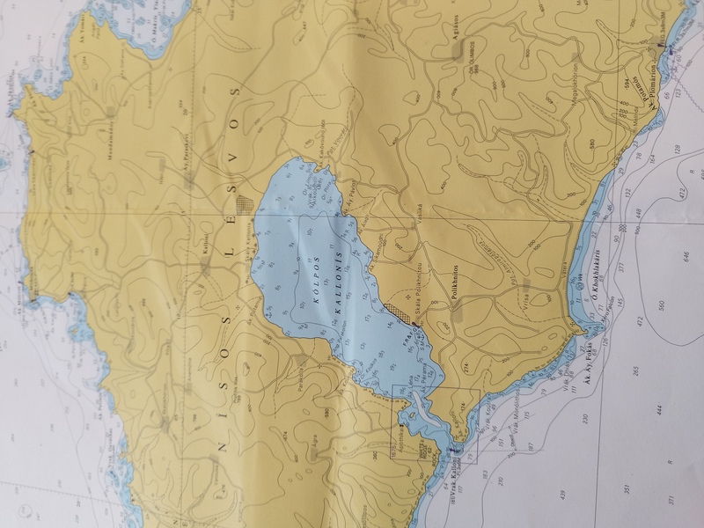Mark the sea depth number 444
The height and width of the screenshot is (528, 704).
click(x=658, y=410)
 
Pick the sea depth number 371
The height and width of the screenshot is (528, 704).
click(x=671, y=501)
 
